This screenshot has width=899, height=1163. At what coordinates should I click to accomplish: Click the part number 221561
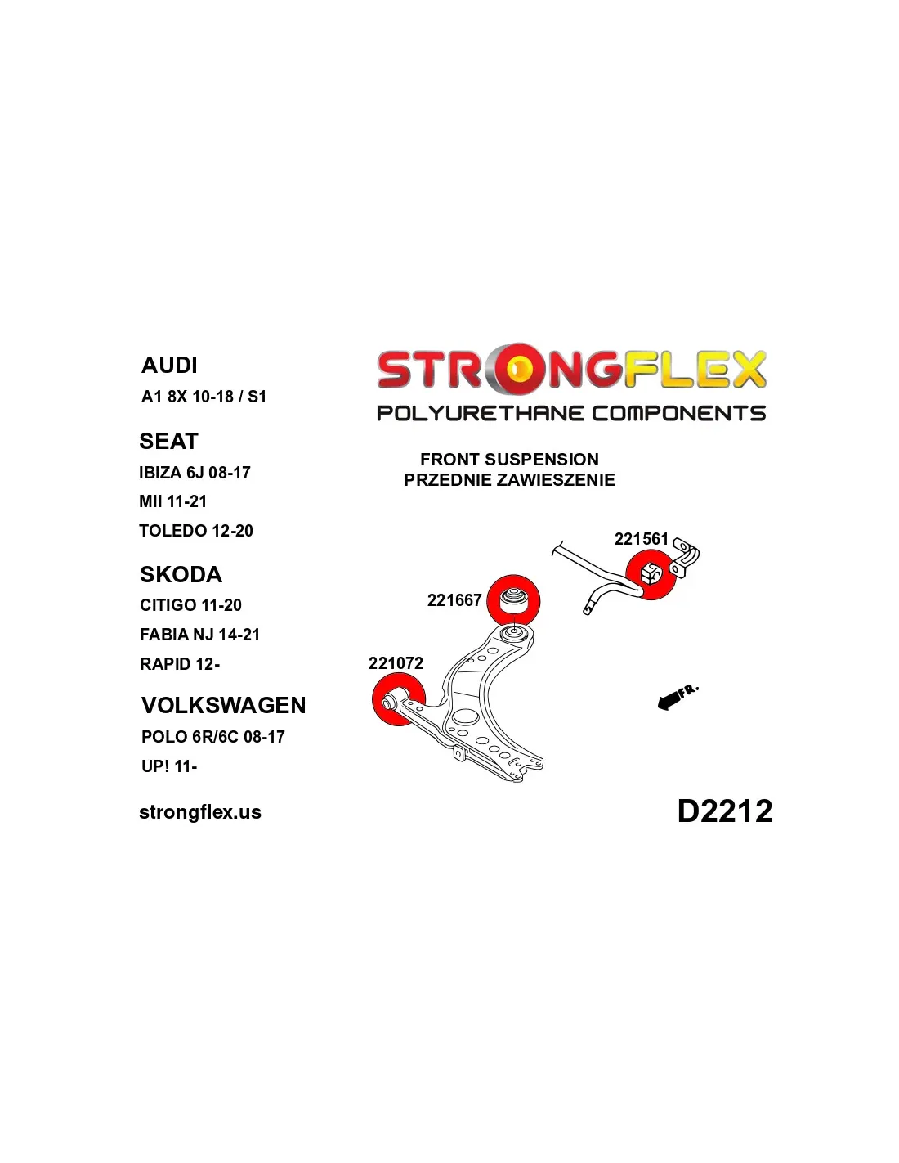point(641,538)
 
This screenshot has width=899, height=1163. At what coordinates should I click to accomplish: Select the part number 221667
point(454,600)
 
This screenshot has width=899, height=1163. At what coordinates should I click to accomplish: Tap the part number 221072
point(396,663)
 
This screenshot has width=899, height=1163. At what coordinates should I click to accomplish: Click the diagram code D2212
point(724,811)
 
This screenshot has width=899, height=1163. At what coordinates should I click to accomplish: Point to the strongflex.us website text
point(200,812)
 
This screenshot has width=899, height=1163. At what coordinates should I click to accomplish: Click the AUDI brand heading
point(169,365)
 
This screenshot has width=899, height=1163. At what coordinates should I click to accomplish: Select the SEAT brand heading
point(168,441)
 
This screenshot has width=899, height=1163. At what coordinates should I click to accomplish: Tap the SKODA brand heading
point(181,574)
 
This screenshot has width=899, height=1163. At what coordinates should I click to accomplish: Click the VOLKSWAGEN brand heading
point(224,705)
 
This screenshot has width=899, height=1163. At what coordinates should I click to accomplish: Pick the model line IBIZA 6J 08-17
point(195,473)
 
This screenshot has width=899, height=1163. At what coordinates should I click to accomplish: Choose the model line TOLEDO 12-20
point(196,531)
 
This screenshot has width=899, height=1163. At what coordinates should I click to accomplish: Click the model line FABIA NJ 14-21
point(199,634)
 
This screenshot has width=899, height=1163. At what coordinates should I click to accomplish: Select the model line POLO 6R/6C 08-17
point(212,736)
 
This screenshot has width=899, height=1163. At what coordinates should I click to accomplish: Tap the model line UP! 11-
point(169,766)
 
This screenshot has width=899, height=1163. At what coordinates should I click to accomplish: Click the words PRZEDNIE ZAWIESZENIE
point(509,479)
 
